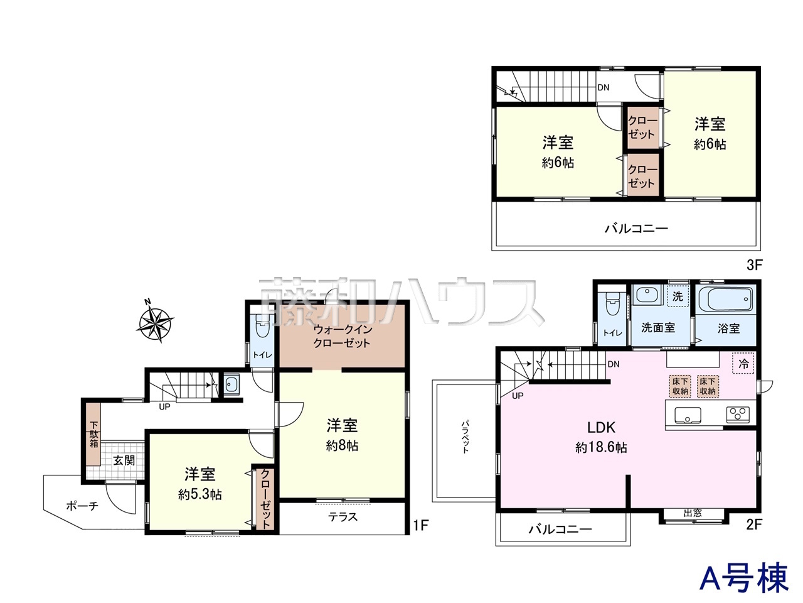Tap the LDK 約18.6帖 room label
pyautogui.click(x=601, y=437)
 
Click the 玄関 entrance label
pyautogui.click(x=124, y=460)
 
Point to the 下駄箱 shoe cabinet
pyautogui.click(x=94, y=434)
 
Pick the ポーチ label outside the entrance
pyautogui.click(x=82, y=506)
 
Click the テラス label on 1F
pyautogui.click(x=343, y=516)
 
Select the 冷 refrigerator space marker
pyautogui.click(x=743, y=363)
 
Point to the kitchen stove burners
pyautogui.click(x=737, y=414)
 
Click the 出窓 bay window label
pyautogui.click(x=693, y=513)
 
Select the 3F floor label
pyautogui.click(x=754, y=265)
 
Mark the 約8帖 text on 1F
pyautogui.click(x=342, y=446)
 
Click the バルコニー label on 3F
pyautogui.click(x=636, y=229)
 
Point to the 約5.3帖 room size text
pyautogui.click(x=199, y=494)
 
